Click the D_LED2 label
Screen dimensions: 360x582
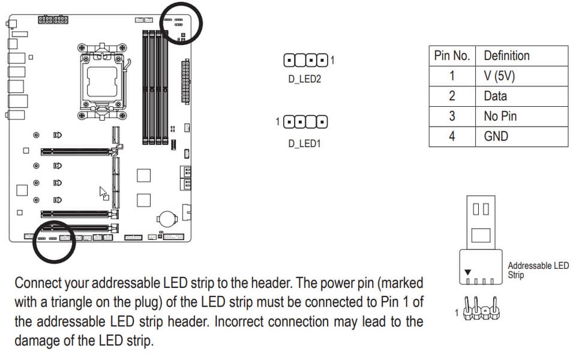[x=304, y=79]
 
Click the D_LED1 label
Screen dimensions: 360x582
[x=304, y=144]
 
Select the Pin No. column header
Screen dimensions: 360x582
[x=452, y=56]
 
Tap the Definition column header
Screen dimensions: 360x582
[x=506, y=56]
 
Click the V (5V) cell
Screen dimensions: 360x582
[x=499, y=76]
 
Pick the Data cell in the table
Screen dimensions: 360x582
[x=495, y=96]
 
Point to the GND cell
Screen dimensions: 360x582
[x=496, y=136]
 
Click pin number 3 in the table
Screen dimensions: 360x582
[x=452, y=116]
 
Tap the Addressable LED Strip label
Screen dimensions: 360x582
[x=538, y=270]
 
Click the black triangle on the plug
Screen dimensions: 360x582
[x=468, y=271]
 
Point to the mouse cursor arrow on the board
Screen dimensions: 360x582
[x=103, y=193]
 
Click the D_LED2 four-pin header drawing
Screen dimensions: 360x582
[x=306, y=61]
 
